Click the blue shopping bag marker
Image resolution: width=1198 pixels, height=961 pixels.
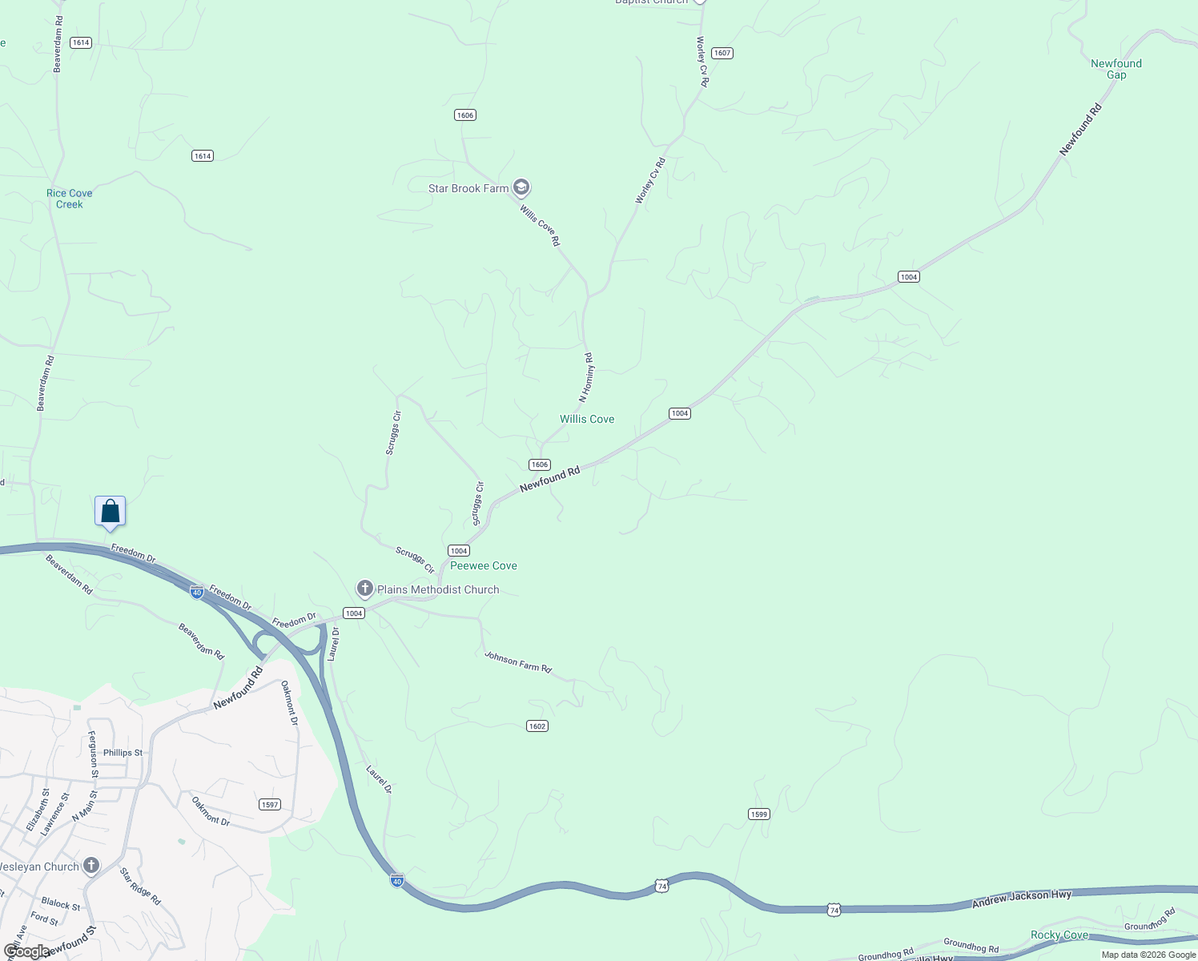coord(111,512)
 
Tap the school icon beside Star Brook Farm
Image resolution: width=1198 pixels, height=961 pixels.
coord(521,188)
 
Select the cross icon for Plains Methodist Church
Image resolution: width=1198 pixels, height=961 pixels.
coord(365,589)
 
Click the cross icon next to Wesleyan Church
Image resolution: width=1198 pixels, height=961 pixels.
coord(91,866)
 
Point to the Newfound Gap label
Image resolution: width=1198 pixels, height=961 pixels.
coord(1116,69)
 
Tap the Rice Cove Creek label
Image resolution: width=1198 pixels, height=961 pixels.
coord(69,199)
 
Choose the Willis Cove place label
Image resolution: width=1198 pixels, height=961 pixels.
coord(587,419)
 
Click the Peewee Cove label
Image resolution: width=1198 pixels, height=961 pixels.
coord(484,565)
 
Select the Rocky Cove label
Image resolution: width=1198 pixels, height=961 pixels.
coord(1059,935)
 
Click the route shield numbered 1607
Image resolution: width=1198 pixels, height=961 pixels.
coord(722,53)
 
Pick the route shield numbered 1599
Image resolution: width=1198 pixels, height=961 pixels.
coord(759,814)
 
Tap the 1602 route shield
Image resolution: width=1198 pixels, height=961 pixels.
coord(537,726)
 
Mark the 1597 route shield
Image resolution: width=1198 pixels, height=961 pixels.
coord(270,805)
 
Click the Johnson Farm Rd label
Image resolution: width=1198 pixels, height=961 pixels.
coord(518,662)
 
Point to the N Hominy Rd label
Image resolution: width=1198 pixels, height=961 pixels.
coord(587,377)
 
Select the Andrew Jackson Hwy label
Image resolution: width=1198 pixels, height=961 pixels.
coord(1021,899)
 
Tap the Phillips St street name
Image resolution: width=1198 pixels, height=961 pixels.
coord(123,753)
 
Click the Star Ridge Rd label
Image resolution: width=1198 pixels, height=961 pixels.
coord(140,886)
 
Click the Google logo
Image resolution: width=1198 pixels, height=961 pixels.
coord(26,951)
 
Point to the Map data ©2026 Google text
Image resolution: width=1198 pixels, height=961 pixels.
coord(1148,955)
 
